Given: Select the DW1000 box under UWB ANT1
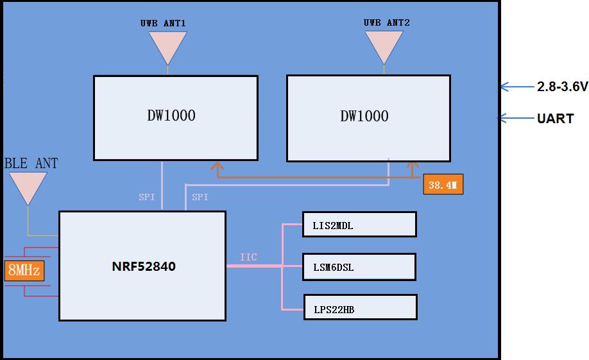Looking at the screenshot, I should pos(175,117).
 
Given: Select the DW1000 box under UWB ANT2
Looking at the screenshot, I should pos(368,118).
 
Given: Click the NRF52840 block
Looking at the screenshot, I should pos(142,266).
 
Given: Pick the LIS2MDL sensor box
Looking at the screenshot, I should pos(359,225).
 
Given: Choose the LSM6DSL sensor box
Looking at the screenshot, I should pos(359,266).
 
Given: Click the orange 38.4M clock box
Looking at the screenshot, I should pos(443,185).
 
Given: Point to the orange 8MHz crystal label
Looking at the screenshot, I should pos(24,270).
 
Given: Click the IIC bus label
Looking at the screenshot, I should pos(248,257).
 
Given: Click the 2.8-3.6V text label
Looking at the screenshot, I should pos(562,87).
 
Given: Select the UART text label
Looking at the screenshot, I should pos(555,119).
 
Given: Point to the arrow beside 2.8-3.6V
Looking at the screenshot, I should pos(513,87).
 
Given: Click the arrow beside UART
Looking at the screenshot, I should pos(512,118).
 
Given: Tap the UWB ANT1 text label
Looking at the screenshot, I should pos(163,23).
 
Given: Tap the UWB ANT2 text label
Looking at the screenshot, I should pos(386,23).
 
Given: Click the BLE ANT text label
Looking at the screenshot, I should pos(31,164).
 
